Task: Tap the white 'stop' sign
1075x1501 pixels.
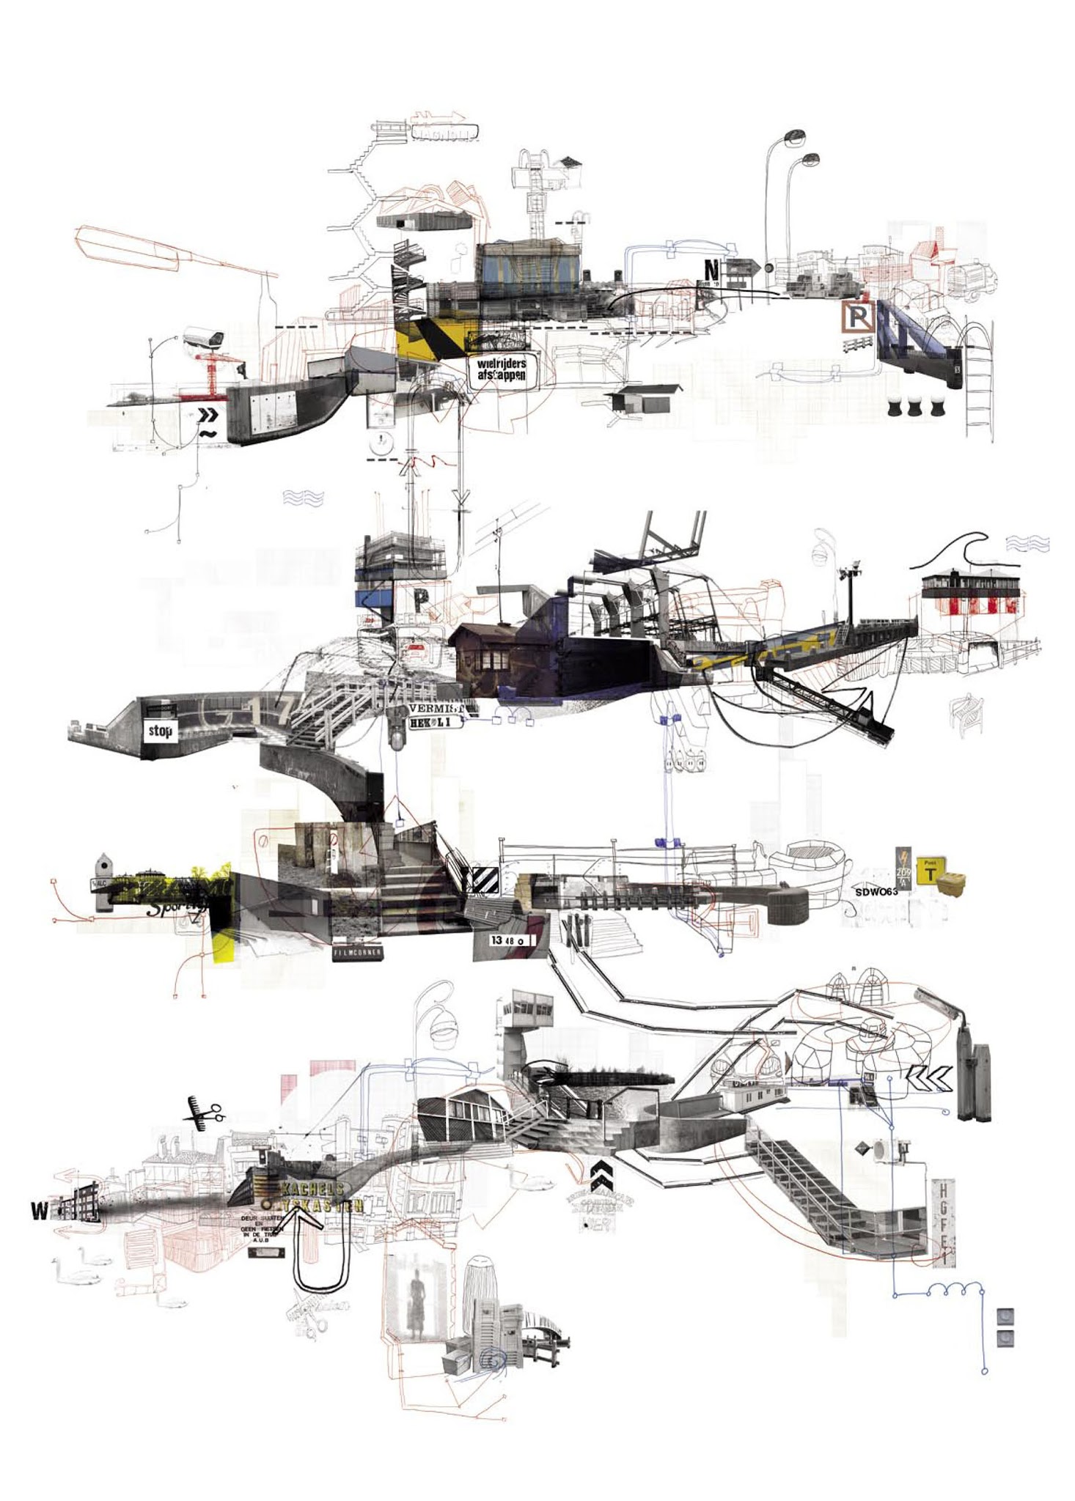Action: tap(160, 730)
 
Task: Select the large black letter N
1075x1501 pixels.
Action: tap(711, 271)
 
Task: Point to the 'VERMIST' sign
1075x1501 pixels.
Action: tap(437, 709)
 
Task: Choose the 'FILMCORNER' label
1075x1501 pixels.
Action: tap(356, 953)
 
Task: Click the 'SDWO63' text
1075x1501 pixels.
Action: tap(876, 892)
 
